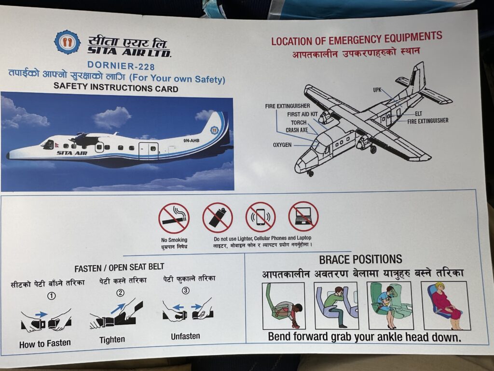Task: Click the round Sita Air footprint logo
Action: click(x=67, y=42)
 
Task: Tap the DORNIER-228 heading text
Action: click(x=121, y=66)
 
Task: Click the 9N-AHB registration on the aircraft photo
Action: click(x=191, y=141)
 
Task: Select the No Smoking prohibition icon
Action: click(x=174, y=218)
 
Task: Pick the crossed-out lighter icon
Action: click(x=218, y=217)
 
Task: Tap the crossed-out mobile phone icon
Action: click(x=261, y=217)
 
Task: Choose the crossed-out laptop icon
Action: click(x=303, y=216)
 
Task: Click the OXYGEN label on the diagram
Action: click(x=282, y=145)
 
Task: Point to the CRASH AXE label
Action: click(x=297, y=130)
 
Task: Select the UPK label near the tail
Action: click(x=377, y=90)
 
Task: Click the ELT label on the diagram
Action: click(x=418, y=114)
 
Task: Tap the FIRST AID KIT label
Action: click(x=302, y=114)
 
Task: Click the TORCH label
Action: click(x=299, y=122)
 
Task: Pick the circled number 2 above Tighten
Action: click(x=120, y=293)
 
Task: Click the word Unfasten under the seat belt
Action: click(x=185, y=336)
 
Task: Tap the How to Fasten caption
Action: click(x=45, y=343)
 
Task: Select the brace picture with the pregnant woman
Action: click(x=445, y=305)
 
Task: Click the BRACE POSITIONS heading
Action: click(x=360, y=259)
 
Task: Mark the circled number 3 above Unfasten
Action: click(x=186, y=290)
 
